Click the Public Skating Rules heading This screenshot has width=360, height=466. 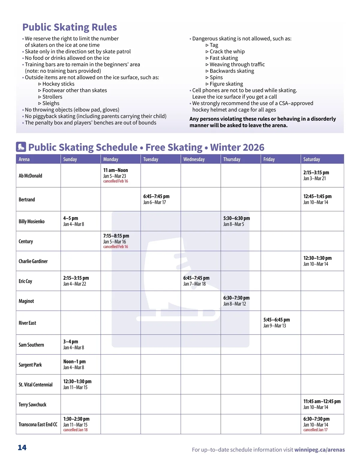[x=70, y=27]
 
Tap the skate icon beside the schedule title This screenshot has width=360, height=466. [x=21, y=147]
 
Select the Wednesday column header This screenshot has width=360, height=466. [x=194, y=159]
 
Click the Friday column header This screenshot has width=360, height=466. [x=269, y=159]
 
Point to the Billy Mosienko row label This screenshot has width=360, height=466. [x=31, y=221]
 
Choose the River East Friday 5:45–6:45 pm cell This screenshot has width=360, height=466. [x=277, y=323]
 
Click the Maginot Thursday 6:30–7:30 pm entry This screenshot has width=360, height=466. [x=236, y=301]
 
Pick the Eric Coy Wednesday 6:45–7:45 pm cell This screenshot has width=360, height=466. [x=196, y=281]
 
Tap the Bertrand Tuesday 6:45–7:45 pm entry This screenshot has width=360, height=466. [x=156, y=199]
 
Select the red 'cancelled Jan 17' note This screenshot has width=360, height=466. [x=315, y=430]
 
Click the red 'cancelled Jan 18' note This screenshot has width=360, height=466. [x=75, y=430]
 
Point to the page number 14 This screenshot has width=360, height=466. [x=22, y=448]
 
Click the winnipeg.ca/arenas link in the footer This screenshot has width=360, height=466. [x=319, y=450]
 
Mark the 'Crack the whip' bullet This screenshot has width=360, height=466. [x=227, y=52]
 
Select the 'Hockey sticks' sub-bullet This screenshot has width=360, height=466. [x=58, y=84]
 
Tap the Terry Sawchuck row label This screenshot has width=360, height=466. [x=32, y=404]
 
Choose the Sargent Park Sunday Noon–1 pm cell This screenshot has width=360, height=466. [x=74, y=364]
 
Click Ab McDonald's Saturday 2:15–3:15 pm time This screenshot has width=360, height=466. [x=316, y=173]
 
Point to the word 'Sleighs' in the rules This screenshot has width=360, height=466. [x=51, y=103]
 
